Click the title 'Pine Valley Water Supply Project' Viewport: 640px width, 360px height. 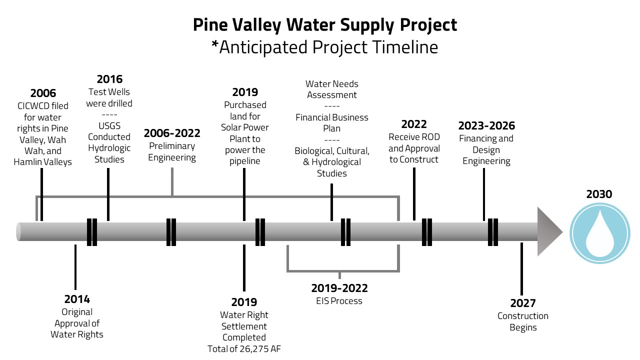coord(325,25)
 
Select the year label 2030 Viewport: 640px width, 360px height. coord(599,193)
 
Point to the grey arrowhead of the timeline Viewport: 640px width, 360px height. coord(549,231)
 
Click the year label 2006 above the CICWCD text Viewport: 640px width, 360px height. coord(43,93)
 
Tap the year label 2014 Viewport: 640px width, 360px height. coord(77,299)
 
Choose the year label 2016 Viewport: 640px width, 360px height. coord(109,79)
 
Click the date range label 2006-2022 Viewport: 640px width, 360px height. coord(172,133)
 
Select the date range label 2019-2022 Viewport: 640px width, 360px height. coord(339,288)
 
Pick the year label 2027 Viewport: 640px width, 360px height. coord(523,303)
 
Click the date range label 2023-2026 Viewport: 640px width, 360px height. coord(486,126)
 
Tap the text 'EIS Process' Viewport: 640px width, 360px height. coord(339,301)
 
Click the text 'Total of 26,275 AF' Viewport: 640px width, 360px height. coord(244,349)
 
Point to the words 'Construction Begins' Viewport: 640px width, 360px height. coord(523,322)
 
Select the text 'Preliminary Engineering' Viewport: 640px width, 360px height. coord(172,152)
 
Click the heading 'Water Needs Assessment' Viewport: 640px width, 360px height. coord(332,89)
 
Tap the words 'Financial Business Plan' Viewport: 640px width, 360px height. coord(332,123)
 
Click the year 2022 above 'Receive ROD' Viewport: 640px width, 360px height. coord(414,124)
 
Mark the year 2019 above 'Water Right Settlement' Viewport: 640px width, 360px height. coord(244,302)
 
